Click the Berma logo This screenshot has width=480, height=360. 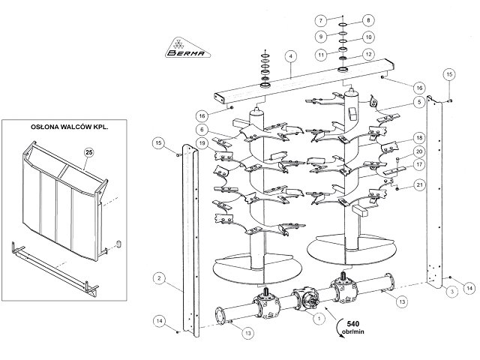[188, 48]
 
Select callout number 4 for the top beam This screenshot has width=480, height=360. [291, 56]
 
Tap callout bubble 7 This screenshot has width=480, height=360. [321, 21]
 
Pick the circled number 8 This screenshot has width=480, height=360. [368, 20]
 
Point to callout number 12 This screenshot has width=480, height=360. [368, 54]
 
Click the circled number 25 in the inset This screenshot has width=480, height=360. [88, 152]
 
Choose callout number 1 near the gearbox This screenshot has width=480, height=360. [319, 318]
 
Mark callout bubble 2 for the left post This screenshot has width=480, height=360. [159, 278]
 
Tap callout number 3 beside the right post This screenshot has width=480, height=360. [452, 292]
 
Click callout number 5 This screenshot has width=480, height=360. [419, 102]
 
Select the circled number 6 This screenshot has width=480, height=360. [202, 130]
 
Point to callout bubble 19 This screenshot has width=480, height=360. [202, 143]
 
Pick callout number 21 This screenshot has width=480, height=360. [419, 185]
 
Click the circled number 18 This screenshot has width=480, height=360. [419, 138]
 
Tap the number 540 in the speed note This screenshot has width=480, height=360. [353, 323]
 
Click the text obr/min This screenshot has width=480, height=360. [353, 331]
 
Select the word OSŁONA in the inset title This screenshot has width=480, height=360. [43, 127]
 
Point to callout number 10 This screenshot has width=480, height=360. [368, 37]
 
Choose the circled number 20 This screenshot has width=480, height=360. [419, 151]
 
